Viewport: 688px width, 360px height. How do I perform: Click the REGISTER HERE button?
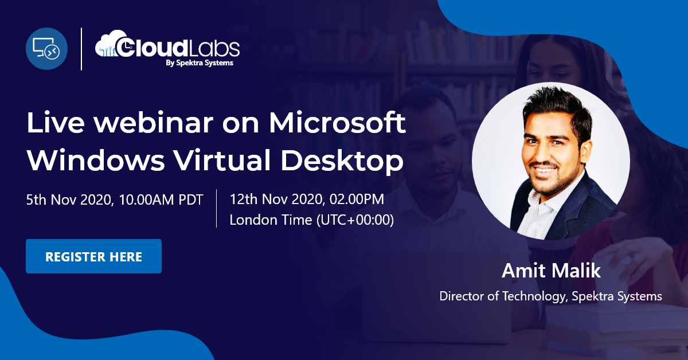(93, 256)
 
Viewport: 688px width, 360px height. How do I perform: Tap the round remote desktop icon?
(46, 49)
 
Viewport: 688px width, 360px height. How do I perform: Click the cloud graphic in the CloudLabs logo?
(109, 44)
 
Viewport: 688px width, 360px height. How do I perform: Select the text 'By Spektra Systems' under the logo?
(200, 63)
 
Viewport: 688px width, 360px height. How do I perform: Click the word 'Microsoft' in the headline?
(337, 123)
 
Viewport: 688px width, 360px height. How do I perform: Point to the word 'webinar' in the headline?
(153, 123)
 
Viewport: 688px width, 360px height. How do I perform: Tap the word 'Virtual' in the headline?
(222, 160)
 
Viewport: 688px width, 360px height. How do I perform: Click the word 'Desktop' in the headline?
(342, 161)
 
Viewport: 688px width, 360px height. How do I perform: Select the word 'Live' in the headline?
(56, 123)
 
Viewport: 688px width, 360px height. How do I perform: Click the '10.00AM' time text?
(146, 200)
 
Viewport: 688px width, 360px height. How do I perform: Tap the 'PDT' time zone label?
(191, 200)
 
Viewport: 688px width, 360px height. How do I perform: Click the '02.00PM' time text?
(357, 199)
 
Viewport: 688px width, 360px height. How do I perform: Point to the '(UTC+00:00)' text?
(355, 220)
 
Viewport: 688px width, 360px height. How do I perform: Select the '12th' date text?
(244, 199)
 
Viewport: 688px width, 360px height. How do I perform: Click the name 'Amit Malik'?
(551, 271)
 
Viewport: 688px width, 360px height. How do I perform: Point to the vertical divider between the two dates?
(217, 208)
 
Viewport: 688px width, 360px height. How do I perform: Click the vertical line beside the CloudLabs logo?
(81, 49)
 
